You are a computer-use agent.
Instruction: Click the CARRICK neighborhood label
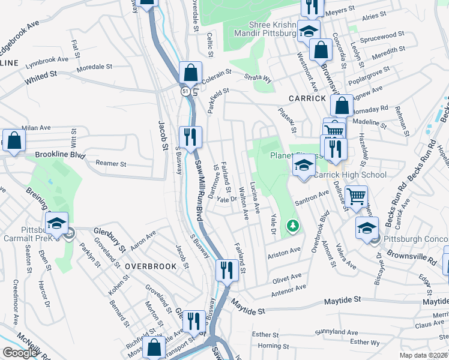click(307, 98)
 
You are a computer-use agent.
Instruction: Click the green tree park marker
click(293, 226)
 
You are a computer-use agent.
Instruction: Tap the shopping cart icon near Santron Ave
click(357, 194)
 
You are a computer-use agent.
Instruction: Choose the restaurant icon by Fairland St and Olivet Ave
click(226, 270)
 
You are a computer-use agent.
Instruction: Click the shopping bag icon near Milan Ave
click(14, 140)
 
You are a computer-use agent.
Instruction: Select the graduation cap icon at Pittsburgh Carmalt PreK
click(57, 223)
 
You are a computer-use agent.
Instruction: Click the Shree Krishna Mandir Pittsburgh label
click(273, 29)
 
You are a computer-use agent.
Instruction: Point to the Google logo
click(20, 353)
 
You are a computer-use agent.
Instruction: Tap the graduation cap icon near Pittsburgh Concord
click(367, 227)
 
